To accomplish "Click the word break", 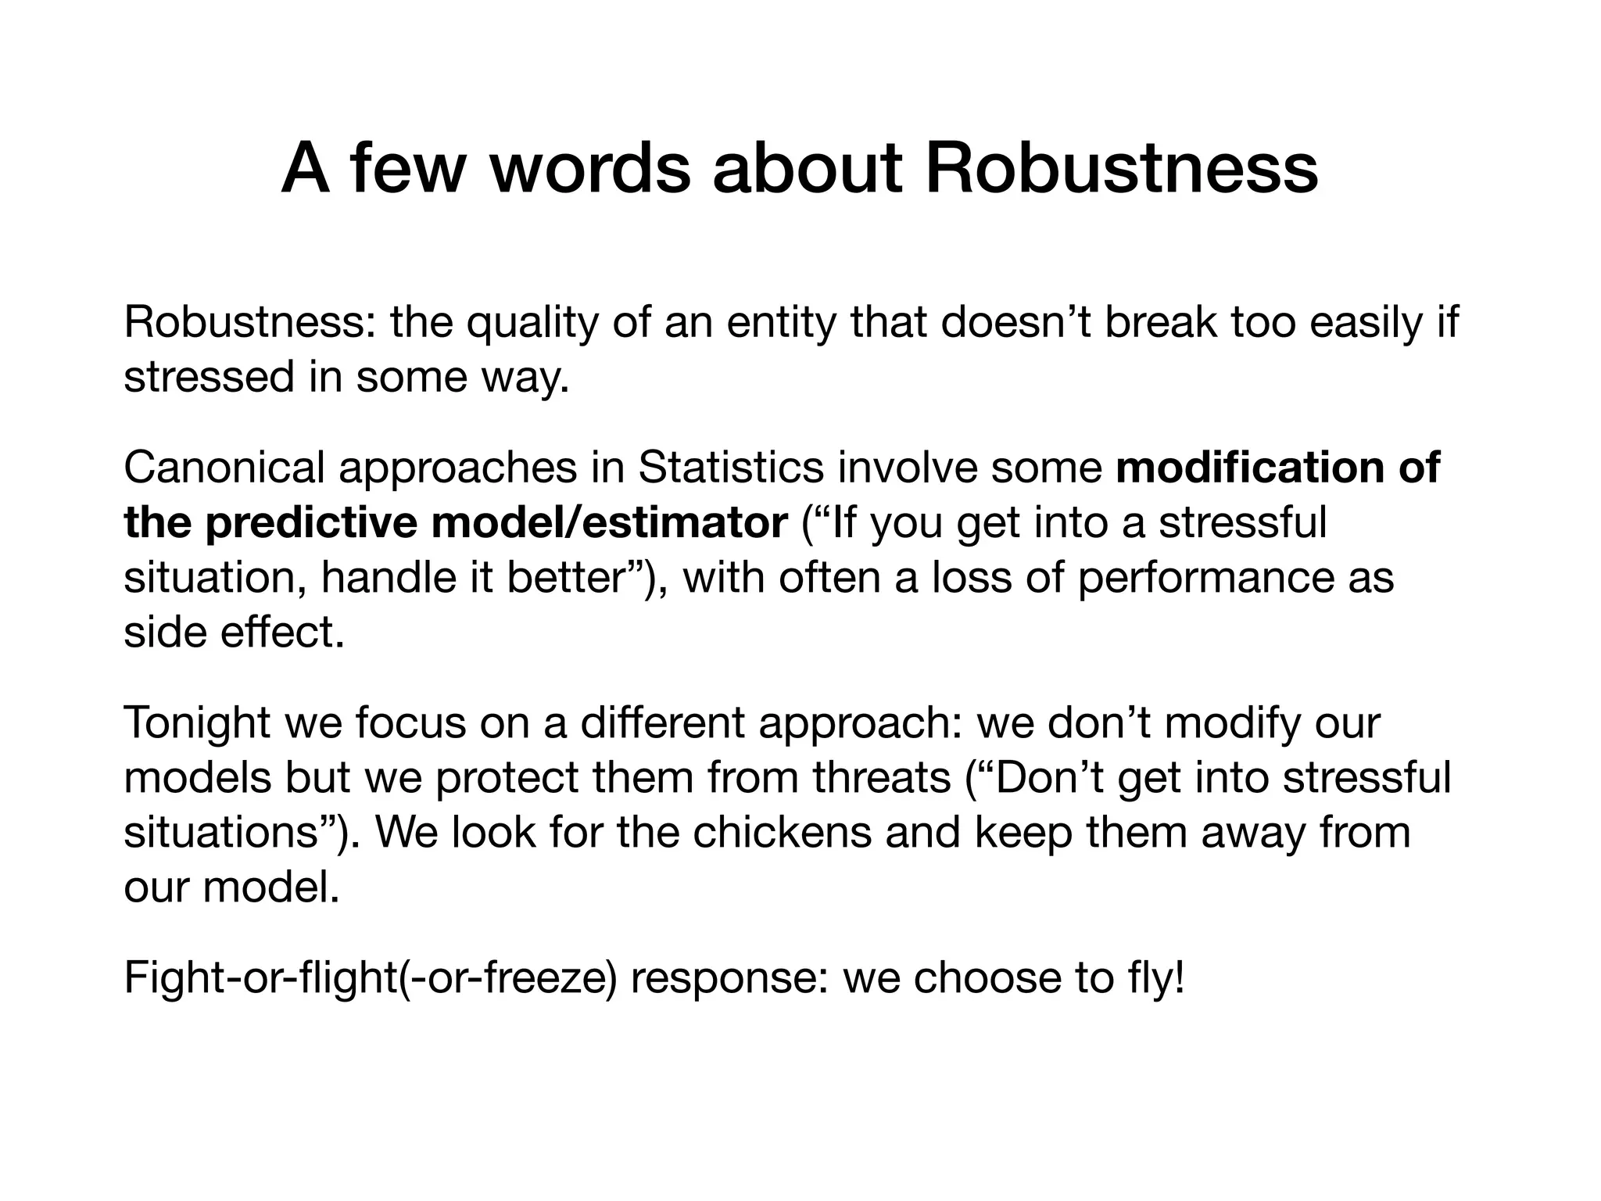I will pyautogui.click(x=1160, y=322).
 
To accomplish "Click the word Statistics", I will pyautogui.click(x=730, y=468).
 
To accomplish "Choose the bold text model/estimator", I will pyautogui.click(x=609, y=522).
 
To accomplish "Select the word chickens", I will pyautogui.click(x=782, y=832).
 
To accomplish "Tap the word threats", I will pyautogui.click(x=881, y=777).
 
